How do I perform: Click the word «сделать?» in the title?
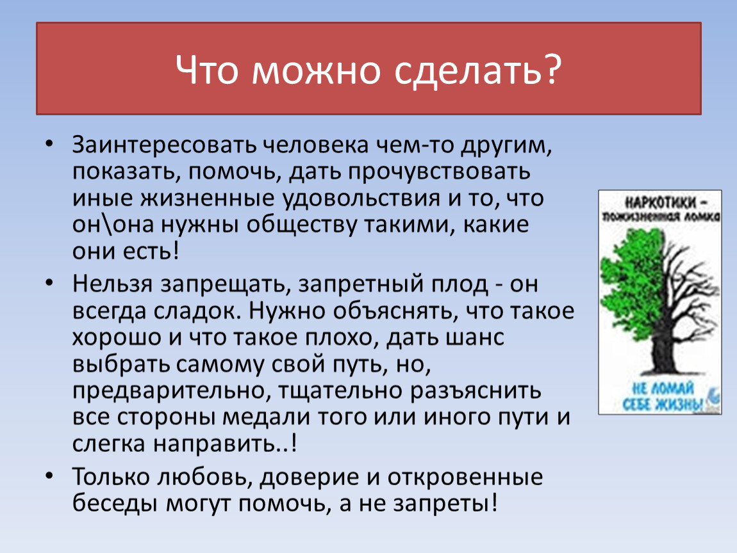coord(477,70)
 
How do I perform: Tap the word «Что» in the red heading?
coord(206,70)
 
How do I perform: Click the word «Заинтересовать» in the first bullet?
coord(164,145)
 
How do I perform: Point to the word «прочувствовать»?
coord(440,173)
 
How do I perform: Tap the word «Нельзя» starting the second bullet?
coord(112,284)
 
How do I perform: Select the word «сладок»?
coord(197,311)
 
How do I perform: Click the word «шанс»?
coord(474,338)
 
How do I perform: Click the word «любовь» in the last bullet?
coord(206,477)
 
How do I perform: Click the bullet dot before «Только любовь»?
coord(49,476)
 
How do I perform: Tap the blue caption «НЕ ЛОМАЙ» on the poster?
coord(663,388)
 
